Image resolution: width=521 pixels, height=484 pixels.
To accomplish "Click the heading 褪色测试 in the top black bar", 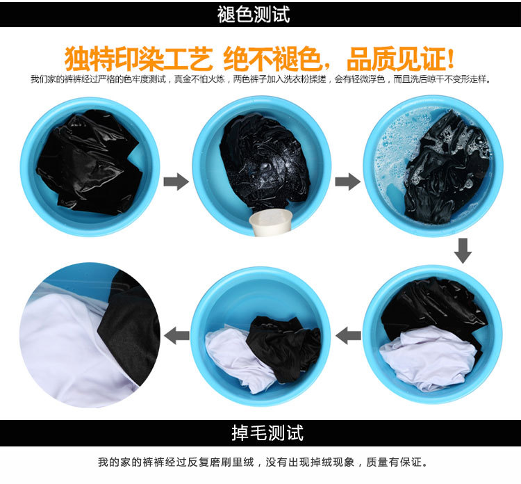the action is [254, 15].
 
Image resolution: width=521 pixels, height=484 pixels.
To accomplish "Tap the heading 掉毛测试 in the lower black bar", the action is [267, 433].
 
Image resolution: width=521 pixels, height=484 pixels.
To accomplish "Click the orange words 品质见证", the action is [395, 59].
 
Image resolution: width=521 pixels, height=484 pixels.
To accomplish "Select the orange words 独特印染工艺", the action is [138, 59].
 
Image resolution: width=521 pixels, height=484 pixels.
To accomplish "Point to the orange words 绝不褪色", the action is [272, 59].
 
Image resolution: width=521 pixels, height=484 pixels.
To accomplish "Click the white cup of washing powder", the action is [270, 222].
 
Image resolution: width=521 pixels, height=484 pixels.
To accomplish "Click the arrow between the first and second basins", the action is [176, 181].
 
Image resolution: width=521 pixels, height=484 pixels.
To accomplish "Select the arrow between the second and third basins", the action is [347, 181].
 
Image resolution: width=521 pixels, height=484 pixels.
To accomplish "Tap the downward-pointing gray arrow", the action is [463, 251].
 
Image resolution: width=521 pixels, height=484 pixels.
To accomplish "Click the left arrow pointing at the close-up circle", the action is [176, 335].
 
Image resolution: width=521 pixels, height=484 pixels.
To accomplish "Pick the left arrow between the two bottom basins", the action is [348, 335].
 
